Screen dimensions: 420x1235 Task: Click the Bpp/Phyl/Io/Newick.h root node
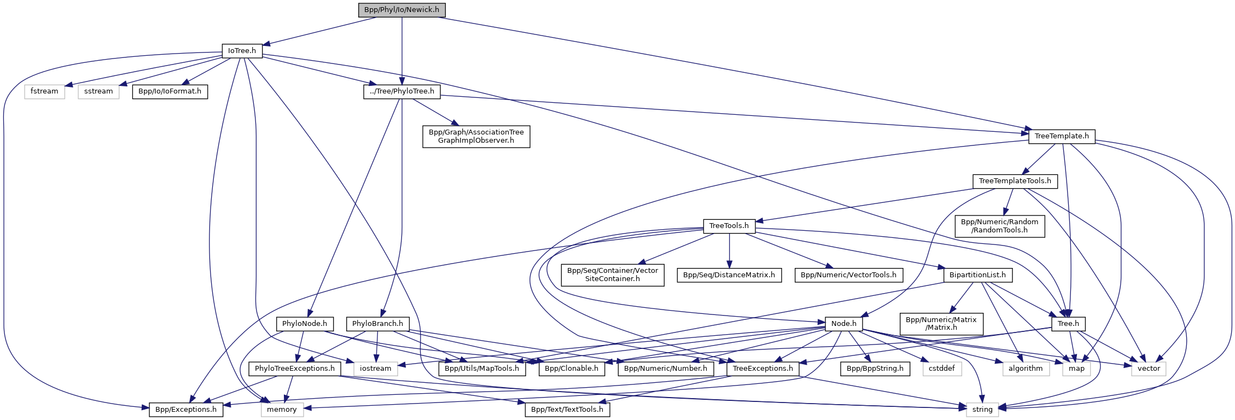point(401,10)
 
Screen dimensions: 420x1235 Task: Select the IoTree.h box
point(242,51)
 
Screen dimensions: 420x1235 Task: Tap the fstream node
point(44,91)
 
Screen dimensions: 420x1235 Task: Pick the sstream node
point(98,91)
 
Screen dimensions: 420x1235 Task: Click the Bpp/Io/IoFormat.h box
point(170,91)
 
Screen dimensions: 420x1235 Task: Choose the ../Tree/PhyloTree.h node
point(402,91)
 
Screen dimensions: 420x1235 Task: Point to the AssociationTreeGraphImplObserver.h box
point(476,136)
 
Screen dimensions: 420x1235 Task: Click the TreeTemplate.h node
point(1061,136)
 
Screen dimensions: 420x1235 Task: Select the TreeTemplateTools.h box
point(1015,181)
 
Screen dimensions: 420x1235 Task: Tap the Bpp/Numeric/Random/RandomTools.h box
point(999,226)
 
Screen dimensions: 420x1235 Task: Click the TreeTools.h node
point(729,226)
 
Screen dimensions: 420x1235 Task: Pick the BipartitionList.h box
point(977,275)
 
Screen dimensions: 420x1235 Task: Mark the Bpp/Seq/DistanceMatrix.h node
point(729,275)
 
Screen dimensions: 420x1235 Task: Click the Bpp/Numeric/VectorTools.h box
point(848,275)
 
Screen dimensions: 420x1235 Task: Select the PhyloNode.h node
point(304,324)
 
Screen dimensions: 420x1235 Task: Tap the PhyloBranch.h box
point(377,324)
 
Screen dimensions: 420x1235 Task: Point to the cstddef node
point(941,369)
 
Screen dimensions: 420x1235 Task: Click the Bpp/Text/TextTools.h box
point(567,410)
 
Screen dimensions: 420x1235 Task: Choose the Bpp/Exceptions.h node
point(186,410)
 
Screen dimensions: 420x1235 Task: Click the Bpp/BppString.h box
point(875,369)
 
